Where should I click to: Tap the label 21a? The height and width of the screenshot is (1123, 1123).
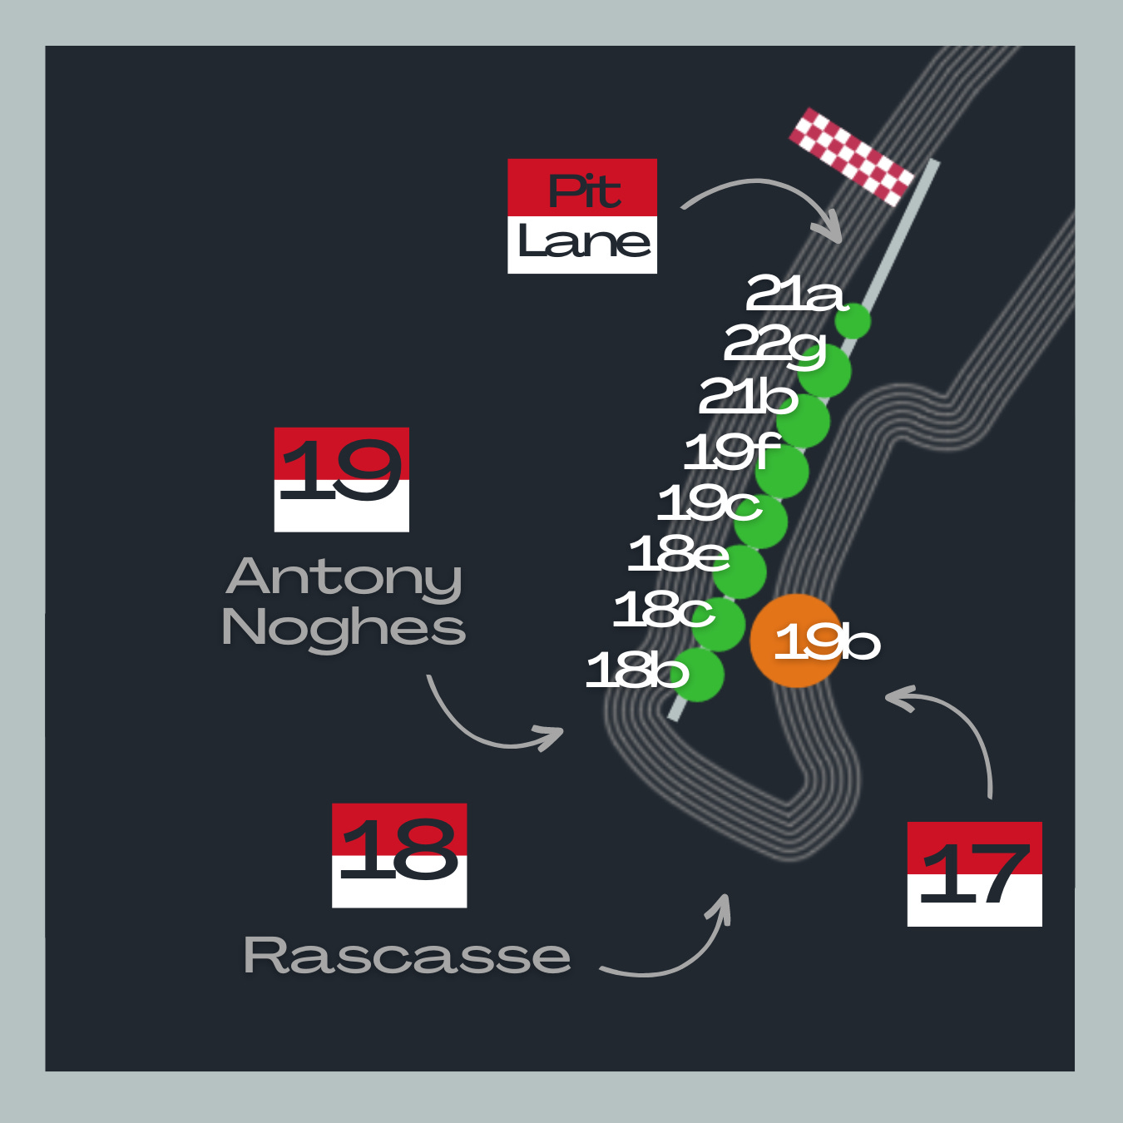[x=794, y=294]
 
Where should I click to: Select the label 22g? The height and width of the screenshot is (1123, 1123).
[x=774, y=344]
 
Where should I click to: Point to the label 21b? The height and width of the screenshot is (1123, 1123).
[x=748, y=396]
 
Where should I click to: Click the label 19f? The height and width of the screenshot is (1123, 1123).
[x=732, y=452]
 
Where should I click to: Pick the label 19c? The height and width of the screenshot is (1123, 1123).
[x=709, y=503]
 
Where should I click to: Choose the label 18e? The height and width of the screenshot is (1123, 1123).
[x=678, y=554]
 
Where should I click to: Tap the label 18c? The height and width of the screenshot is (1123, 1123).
[x=663, y=610]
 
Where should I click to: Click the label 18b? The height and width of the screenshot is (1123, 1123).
[x=637, y=670]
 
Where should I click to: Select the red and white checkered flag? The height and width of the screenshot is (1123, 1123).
[x=851, y=156]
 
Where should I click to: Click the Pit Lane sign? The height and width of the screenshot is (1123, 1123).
[x=582, y=216]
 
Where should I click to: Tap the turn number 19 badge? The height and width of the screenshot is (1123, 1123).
[x=342, y=479]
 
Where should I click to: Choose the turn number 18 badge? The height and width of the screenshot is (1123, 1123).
[x=399, y=855]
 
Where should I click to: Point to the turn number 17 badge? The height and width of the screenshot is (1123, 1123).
[x=975, y=873]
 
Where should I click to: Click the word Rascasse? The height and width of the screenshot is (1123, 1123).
[x=407, y=956]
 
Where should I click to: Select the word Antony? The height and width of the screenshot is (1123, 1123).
[x=344, y=576]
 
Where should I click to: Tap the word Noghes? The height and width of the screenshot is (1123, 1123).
[x=344, y=627]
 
